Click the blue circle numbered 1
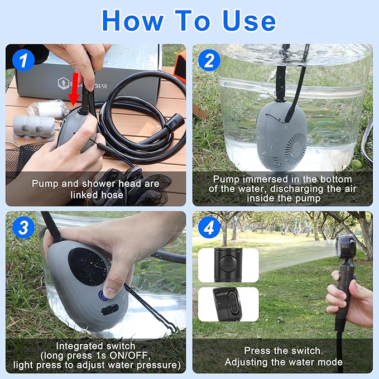tap(23, 60)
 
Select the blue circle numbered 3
tap(23, 227)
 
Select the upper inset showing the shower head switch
tap(228, 265)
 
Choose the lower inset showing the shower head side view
tap(228, 303)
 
